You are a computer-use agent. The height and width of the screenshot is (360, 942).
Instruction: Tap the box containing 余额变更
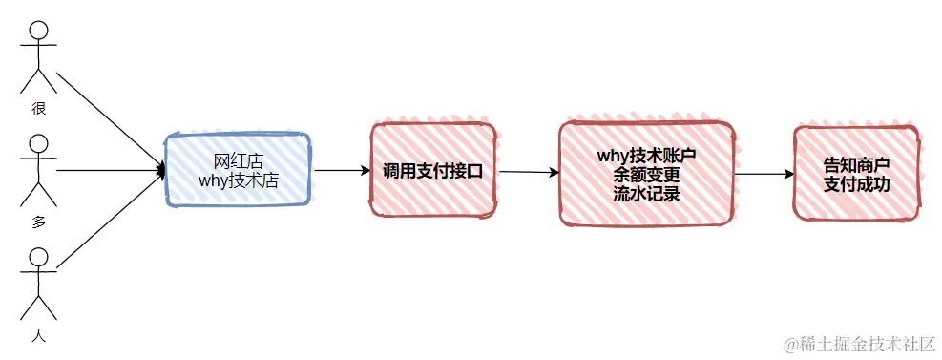645,173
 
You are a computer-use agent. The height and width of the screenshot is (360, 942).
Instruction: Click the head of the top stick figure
38,32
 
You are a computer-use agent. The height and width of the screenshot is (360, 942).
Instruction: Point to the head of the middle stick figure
38,145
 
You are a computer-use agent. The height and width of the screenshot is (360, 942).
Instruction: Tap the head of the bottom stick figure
38,258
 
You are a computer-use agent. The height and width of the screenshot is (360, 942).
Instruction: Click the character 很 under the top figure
38,108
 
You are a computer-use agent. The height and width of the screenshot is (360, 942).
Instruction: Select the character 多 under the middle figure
38,222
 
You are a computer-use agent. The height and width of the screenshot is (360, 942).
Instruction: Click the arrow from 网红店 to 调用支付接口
342,171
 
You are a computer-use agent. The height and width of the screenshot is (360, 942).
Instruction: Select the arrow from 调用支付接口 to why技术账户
528,173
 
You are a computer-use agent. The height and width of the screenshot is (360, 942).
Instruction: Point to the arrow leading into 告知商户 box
764,175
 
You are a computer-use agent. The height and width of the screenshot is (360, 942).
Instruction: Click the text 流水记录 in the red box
645,192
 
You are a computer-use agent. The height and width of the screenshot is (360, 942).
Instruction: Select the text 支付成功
856,183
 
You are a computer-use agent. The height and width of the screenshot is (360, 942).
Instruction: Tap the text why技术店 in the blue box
238,180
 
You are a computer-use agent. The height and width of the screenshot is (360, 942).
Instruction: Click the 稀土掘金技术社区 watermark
858,342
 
